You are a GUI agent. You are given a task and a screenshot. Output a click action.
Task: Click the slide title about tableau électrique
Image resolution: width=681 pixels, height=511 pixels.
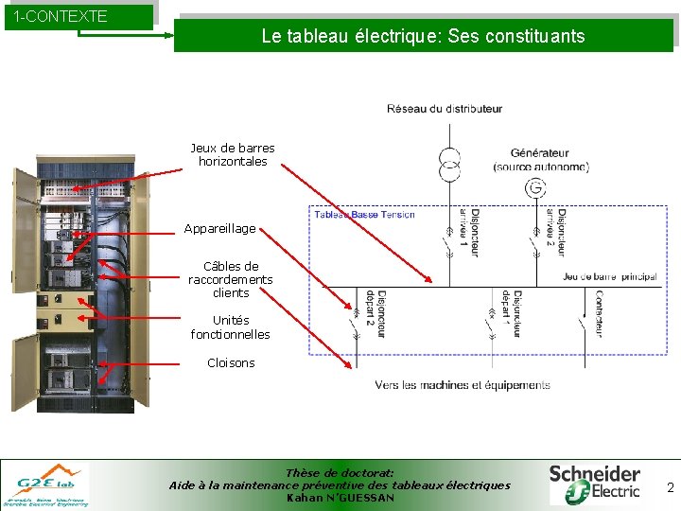tap(423, 37)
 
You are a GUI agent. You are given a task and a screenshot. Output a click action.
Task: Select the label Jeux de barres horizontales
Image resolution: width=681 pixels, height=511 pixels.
tap(233, 154)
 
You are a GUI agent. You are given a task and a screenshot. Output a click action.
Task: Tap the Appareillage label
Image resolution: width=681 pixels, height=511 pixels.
tap(219, 229)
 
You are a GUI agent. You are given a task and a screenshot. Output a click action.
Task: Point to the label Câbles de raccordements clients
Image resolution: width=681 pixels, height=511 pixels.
tap(231, 279)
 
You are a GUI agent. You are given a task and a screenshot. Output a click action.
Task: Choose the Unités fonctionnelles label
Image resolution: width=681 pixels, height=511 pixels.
tap(230, 327)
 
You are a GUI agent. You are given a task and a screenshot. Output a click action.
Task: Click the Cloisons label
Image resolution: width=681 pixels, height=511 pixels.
tap(231, 362)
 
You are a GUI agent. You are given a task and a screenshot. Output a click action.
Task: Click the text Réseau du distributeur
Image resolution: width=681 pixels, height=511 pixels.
tap(445, 109)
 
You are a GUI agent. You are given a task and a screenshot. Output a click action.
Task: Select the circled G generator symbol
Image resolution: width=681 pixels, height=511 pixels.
tap(536, 188)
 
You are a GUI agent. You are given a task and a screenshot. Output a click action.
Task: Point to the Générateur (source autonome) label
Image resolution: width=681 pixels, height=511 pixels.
tap(540, 160)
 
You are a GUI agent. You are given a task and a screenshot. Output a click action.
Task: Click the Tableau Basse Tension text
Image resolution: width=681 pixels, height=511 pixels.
tap(364, 215)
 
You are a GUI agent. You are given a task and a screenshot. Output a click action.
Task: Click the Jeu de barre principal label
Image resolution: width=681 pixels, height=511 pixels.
tap(609, 276)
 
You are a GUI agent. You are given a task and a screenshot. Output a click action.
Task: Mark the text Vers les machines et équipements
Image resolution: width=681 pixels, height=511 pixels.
tap(463, 385)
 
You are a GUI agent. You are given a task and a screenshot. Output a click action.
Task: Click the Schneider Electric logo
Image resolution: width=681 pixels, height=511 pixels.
tap(595, 483)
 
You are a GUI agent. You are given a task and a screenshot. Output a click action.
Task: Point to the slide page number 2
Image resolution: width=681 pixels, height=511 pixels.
tap(670, 487)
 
